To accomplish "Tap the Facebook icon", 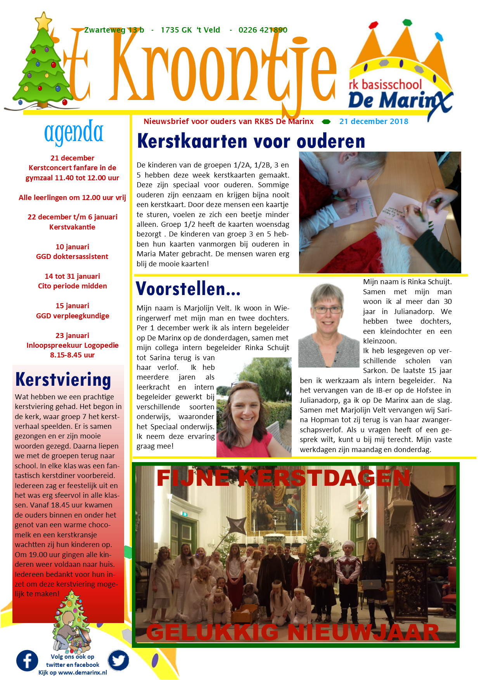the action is (27, 661).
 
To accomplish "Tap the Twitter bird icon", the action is (118, 660).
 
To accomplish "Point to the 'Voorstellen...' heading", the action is (188, 289).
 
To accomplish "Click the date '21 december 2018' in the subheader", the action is (374, 121).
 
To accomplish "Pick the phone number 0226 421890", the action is (263, 30).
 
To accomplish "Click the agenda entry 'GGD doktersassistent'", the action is (72, 256).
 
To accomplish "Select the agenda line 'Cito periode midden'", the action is (73, 286).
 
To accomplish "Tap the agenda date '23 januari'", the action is (72, 335).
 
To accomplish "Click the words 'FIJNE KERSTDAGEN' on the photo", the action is (283, 478).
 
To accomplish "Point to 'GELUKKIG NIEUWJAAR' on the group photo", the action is (293, 633).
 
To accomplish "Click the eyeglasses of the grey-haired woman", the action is (328, 310).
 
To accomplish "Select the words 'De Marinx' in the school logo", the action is (400, 101).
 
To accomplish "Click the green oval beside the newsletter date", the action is (326, 122).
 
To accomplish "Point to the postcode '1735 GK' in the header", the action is (176, 30).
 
